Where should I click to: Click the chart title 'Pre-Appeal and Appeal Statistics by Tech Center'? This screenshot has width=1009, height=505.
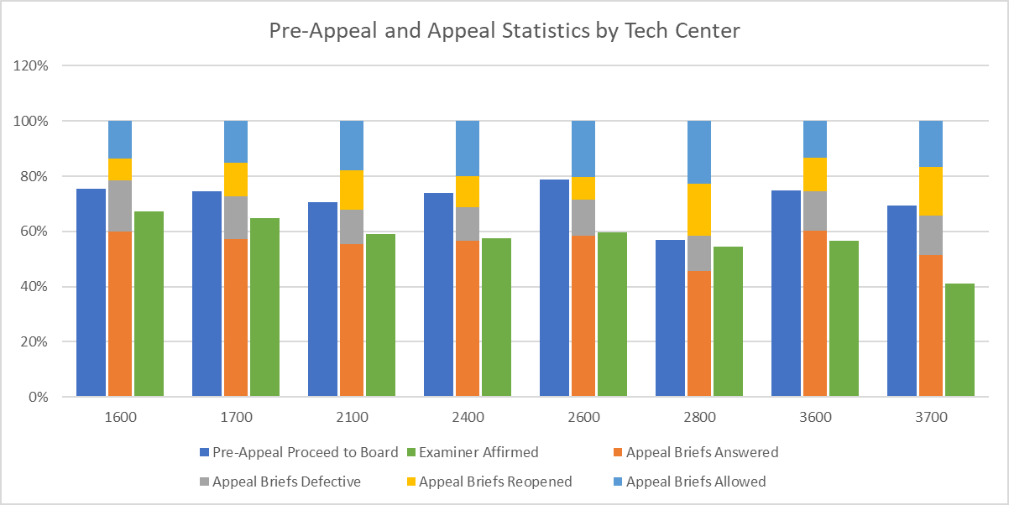coord(504,31)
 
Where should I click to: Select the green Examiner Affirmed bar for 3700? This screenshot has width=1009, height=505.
coord(959,340)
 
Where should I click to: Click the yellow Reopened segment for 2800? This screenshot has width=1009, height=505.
coord(699,210)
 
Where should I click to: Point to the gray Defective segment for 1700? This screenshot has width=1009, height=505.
coord(236,217)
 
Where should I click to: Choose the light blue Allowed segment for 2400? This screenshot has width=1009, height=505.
coord(468,148)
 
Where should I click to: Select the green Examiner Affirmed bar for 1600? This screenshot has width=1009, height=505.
coord(149,304)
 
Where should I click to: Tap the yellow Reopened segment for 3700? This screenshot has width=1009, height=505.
coord(931,191)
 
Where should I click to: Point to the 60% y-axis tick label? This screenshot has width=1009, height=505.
coord(34,232)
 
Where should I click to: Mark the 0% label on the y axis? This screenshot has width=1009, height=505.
coord(38,397)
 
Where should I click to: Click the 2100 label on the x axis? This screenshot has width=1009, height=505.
coord(352,417)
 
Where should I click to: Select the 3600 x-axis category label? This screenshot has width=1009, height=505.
coord(815,417)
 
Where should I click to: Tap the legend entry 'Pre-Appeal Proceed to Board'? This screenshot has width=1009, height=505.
coord(298,452)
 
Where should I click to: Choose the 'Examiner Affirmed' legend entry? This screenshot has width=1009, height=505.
coord(478,452)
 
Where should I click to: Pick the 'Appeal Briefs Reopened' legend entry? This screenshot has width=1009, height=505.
coord(487,482)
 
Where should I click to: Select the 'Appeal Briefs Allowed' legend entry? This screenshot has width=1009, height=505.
coord(687,482)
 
